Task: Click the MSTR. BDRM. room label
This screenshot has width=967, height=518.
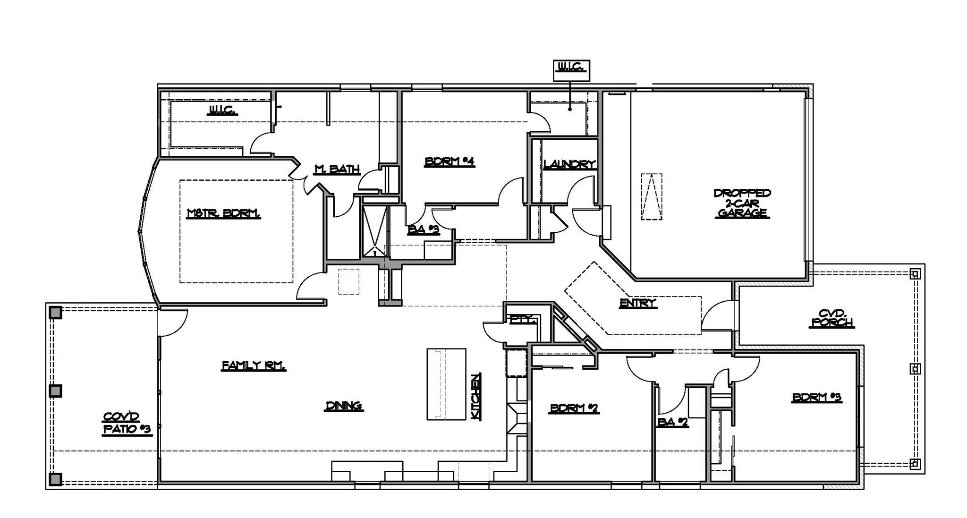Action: [x=224, y=214]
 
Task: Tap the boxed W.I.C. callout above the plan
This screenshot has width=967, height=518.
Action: [x=571, y=68]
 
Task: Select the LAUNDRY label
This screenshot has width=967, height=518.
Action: [x=569, y=165]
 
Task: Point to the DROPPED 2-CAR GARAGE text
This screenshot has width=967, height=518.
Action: [x=742, y=204]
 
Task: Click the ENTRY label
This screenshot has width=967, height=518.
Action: [x=638, y=303]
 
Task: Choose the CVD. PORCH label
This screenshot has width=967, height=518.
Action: [x=831, y=318]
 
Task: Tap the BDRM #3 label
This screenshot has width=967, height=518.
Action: [x=817, y=398]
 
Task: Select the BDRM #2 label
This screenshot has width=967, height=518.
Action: [x=574, y=408]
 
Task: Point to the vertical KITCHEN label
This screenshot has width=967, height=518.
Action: [x=476, y=397]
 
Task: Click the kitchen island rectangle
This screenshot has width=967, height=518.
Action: [x=446, y=384]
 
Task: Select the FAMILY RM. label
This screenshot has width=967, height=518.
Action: [x=254, y=365]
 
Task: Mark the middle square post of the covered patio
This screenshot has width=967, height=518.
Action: [x=56, y=391]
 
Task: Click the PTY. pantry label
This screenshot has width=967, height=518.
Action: [x=523, y=320]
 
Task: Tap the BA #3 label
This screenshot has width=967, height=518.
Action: [x=424, y=230]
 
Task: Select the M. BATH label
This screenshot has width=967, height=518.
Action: [x=337, y=169]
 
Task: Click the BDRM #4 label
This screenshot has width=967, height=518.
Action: [x=450, y=162]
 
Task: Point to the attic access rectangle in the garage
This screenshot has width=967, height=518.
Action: [x=652, y=196]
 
